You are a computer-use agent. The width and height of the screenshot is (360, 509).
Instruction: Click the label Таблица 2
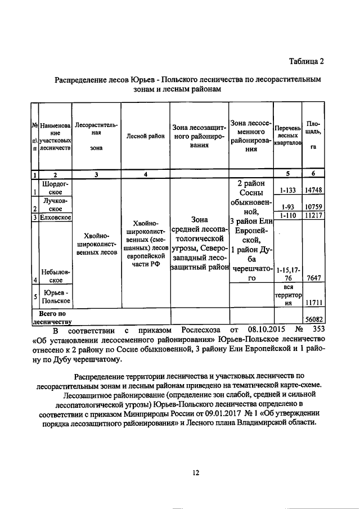coord(307,61)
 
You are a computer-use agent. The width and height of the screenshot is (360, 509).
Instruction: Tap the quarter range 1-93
coord(287,206)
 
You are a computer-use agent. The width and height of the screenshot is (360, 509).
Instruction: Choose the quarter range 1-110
coord(287,215)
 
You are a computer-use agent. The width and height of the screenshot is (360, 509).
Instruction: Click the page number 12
coord(195,473)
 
